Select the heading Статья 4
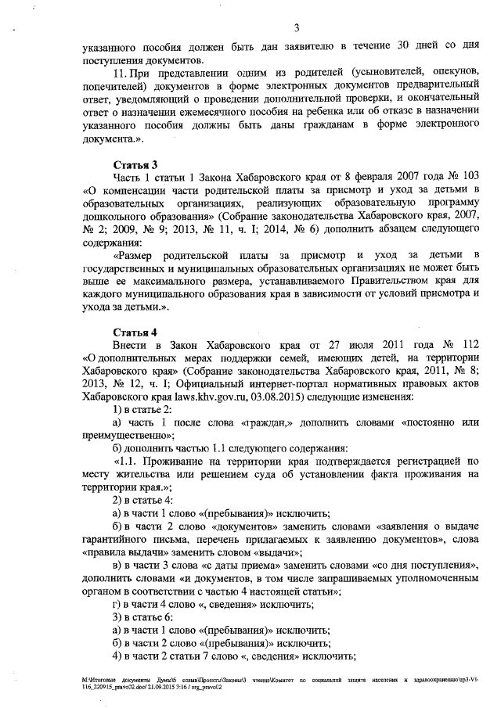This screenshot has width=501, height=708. (x=135, y=332)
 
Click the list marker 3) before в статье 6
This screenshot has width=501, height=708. (x=117, y=616)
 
